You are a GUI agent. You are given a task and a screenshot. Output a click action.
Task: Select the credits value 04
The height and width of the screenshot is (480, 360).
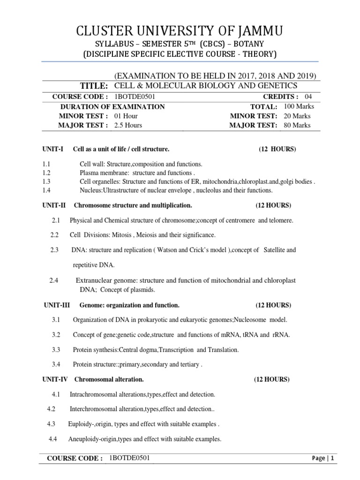tap(308, 96)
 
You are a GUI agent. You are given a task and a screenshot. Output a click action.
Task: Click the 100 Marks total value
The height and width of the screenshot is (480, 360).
tap(299, 106)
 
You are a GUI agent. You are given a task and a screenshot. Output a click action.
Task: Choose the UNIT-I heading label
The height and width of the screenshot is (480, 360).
tap(52, 149)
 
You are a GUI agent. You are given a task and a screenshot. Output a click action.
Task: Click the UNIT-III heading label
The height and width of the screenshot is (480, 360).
tap(57, 305)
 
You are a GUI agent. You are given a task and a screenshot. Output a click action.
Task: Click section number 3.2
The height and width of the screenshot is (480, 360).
tap(56, 334)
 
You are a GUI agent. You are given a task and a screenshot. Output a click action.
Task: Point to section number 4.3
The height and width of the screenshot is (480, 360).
tap(51, 424)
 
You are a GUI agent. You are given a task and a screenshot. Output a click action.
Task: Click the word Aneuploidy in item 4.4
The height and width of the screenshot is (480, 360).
tap(85, 439)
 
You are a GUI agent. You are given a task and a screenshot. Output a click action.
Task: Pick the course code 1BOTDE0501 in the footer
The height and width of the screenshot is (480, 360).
tap(129, 457)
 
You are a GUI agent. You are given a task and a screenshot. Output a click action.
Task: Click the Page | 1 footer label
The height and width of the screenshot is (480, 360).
tap(323, 458)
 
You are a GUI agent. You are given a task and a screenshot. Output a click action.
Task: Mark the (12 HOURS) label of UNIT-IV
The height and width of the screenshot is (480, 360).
tap(272, 379)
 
